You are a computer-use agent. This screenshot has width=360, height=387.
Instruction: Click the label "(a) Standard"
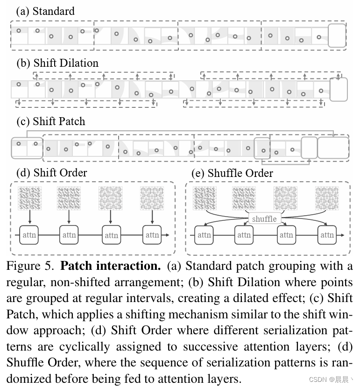tap(45, 11)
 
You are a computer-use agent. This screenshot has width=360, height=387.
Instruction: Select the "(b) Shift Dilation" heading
tap(57, 63)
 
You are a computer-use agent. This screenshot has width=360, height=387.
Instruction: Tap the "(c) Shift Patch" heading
tap(51, 121)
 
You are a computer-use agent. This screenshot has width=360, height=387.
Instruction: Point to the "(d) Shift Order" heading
tap(52, 173)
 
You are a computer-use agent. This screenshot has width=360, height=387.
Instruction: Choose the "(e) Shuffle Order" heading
tap(232, 173)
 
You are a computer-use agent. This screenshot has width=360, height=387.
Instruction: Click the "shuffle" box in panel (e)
tap(264, 218)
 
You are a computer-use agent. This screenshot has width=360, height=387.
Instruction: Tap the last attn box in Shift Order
tap(152, 235)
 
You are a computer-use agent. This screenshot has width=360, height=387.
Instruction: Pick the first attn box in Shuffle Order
tap(204, 235)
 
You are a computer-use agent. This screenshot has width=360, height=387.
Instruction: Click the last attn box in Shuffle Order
tap(327, 235)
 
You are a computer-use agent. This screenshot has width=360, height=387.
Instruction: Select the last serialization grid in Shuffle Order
tap(327, 198)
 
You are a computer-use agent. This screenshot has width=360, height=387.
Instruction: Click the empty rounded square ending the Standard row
tap(337, 36)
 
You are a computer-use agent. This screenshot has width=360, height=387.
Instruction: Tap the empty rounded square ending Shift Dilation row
tap(339, 89)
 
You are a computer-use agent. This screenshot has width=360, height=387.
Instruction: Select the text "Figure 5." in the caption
tap(31, 266)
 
